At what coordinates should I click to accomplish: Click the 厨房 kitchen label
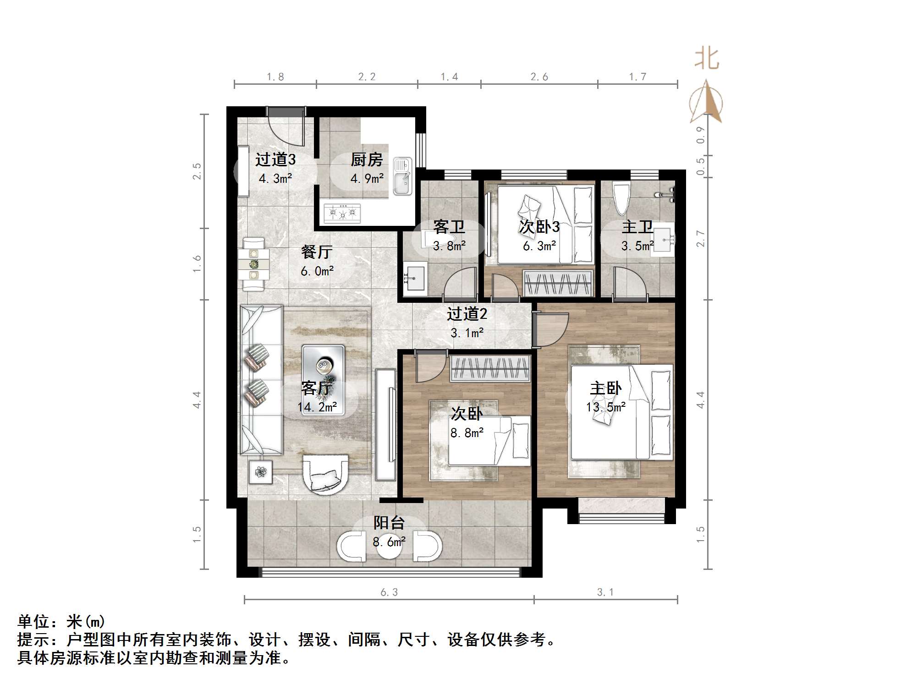click(367, 160)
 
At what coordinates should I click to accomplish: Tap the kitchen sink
click(403, 176)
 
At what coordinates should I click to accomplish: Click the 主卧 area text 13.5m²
click(606, 407)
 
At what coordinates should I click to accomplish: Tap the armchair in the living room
click(325, 474)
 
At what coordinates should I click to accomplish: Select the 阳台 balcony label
click(389, 523)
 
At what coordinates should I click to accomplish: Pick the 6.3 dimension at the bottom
click(389, 592)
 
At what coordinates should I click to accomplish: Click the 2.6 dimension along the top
click(539, 77)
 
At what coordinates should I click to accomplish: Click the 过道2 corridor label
click(467, 314)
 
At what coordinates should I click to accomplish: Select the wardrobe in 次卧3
click(558, 283)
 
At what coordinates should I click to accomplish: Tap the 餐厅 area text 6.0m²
click(317, 271)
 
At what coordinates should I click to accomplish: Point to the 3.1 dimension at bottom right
click(605, 592)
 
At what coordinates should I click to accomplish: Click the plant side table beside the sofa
click(261, 472)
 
